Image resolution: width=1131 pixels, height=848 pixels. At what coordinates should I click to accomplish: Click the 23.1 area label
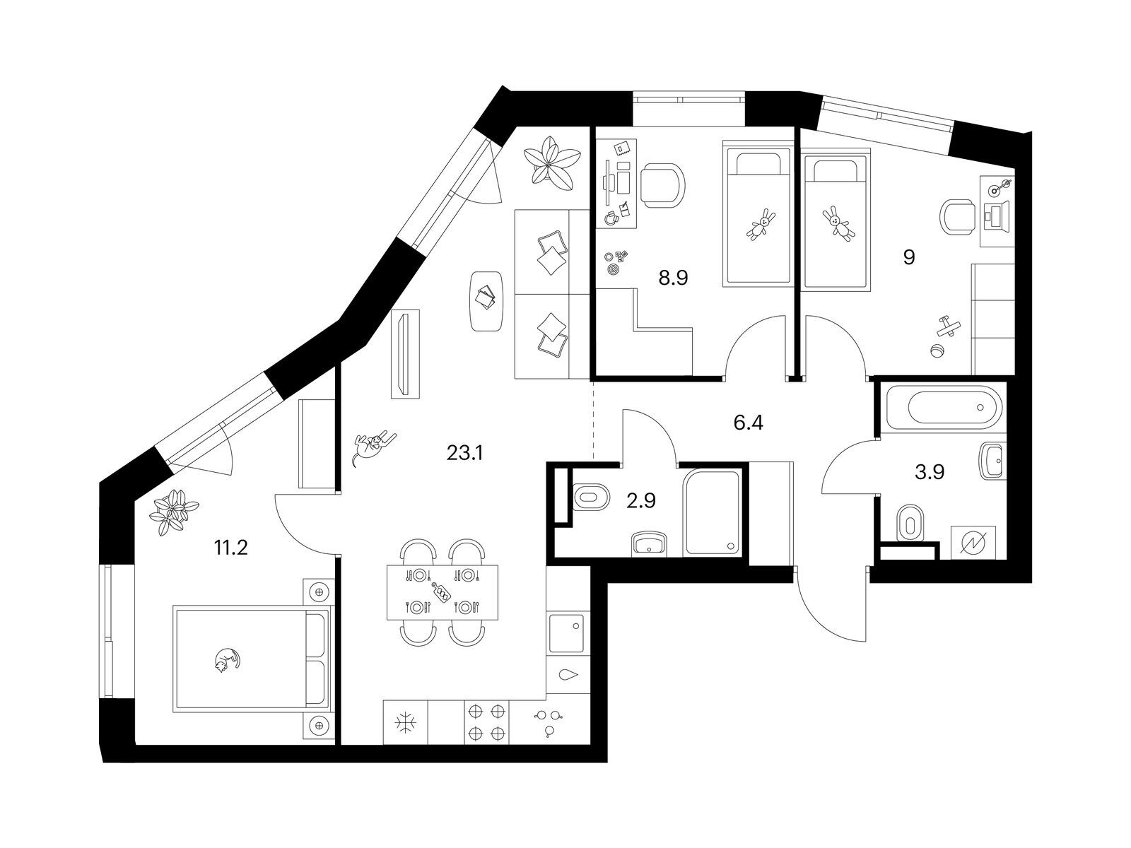[x=464, y=453]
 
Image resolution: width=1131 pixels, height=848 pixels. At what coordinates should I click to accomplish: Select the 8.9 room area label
[x=673, y=278]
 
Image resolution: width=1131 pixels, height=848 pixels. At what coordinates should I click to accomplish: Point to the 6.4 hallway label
[x=749, y=423]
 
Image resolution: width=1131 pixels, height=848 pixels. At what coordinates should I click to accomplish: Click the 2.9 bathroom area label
[x=641, y=501]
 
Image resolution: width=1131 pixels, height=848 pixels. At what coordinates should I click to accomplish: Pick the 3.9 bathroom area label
[x=930, y=472]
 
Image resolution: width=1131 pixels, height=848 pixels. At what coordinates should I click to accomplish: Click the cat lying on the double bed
[x=226, y=660]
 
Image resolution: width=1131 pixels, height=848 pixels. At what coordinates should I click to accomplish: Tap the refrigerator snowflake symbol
[x=406, y=722]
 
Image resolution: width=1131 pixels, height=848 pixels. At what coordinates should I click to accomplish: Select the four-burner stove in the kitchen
[x=486, y=722]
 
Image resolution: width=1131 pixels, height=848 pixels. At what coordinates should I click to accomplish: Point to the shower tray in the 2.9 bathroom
[x=712, y=514]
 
